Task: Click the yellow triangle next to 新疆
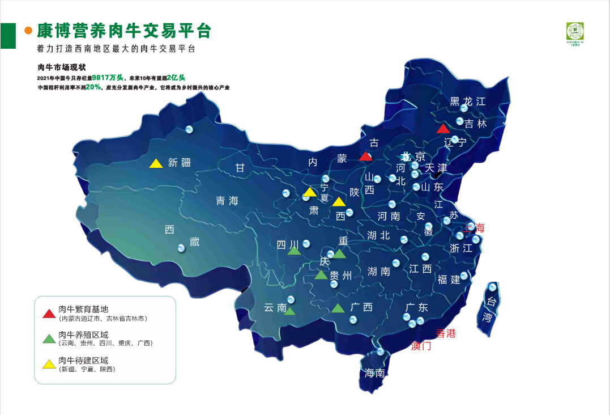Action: (156, 163)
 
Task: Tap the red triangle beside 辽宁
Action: (443, 129)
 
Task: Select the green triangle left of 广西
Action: (338, 308)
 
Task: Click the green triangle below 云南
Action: (289, 311)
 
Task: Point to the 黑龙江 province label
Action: (468, 102)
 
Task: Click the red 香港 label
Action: (445, 333)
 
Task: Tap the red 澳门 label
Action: (421, 346)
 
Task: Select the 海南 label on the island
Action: (375, 373)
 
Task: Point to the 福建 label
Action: (449, 280)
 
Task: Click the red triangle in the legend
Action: (50, 313)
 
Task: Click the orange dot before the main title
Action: (28, 31)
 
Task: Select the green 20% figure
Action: (93, 87)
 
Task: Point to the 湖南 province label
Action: (378, 272)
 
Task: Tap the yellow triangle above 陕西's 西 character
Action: (339, 202)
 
